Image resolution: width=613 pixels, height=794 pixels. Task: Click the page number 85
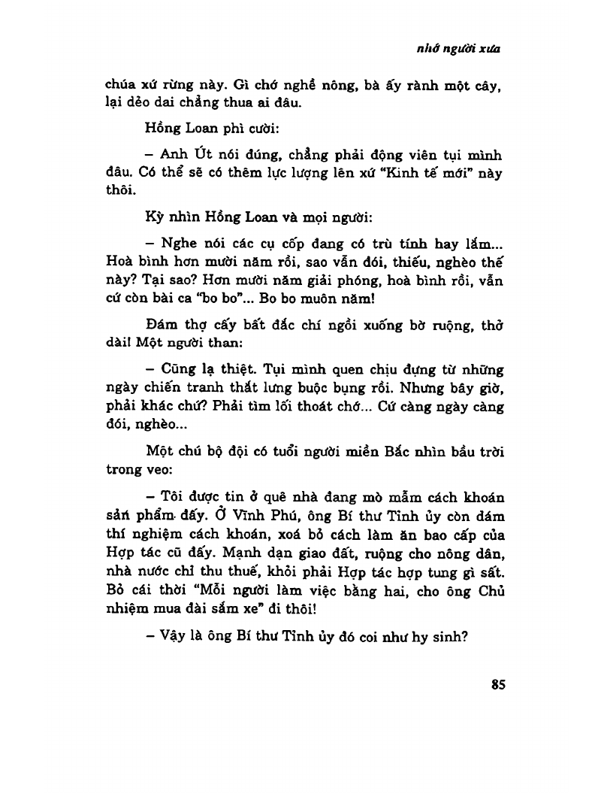point(498,684)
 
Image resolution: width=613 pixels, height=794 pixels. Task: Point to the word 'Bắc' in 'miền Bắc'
point(406,451)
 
